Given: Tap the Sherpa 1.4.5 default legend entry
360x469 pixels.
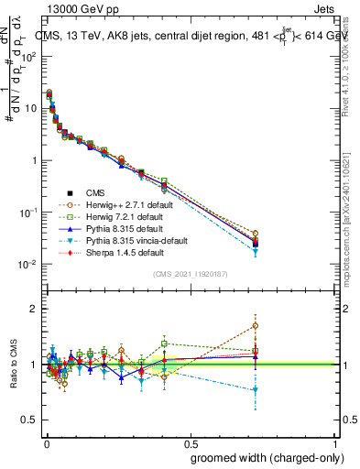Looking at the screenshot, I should click(119, 252).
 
